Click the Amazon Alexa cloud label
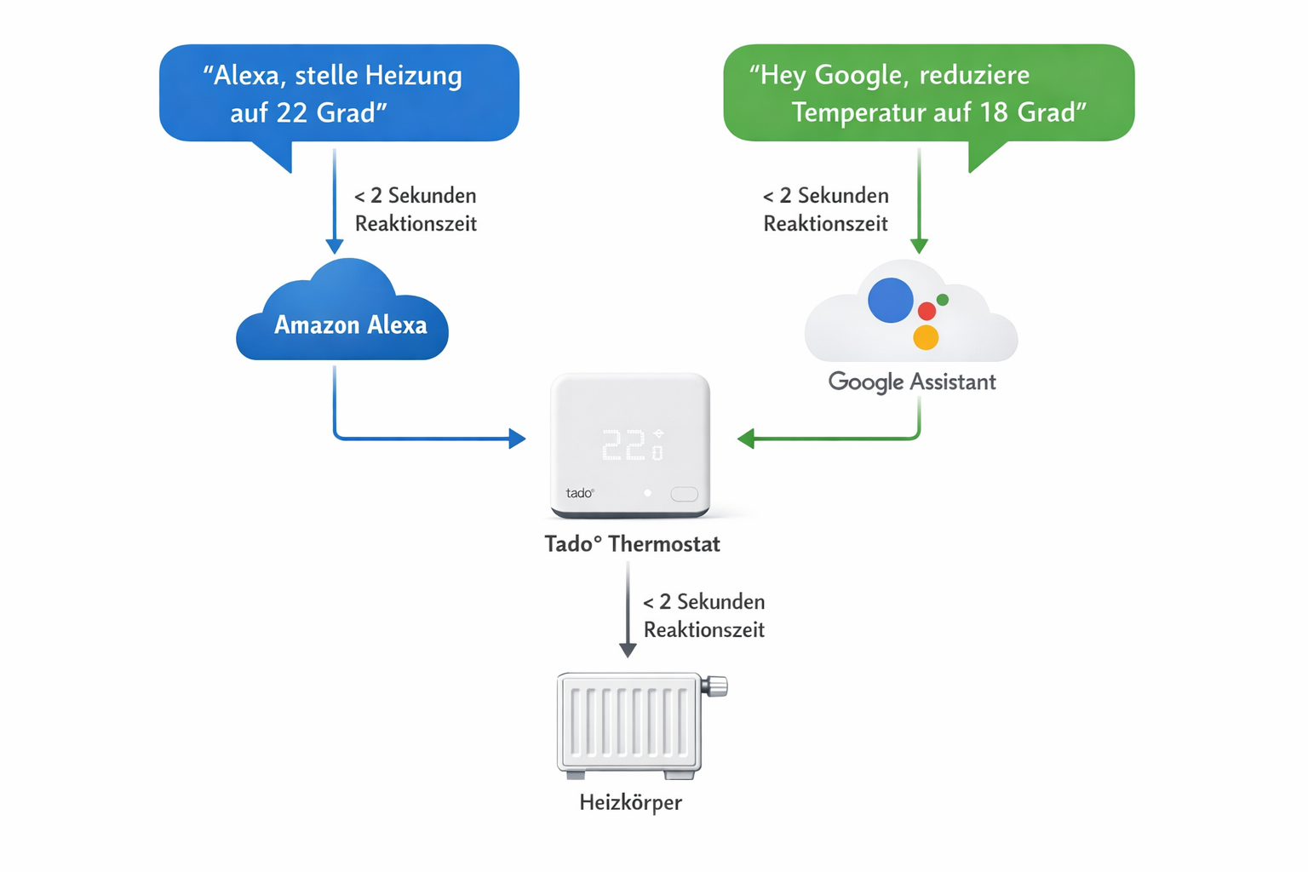(x=350, y=325)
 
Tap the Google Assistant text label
(x=911, y=381)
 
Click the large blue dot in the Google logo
(x=890, y=301)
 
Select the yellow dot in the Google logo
(x=926, y=337)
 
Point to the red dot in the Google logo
(x=926, y=312)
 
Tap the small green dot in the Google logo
(x=943, y=300)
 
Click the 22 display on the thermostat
(x=624, y=445)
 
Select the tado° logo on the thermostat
(x=580, y=493)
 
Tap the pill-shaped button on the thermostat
(x=684, y=494)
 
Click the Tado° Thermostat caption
(x=632, y=544)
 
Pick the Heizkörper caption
(x=630, y=802)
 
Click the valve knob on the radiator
(x=717, y=686)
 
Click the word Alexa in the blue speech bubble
(x=247, y=76)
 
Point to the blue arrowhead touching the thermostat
(x=517, y=439)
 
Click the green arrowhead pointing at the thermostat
(x=746, y=439)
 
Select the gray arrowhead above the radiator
(x=628, y=650)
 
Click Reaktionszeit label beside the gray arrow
(x=703, y=630)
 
